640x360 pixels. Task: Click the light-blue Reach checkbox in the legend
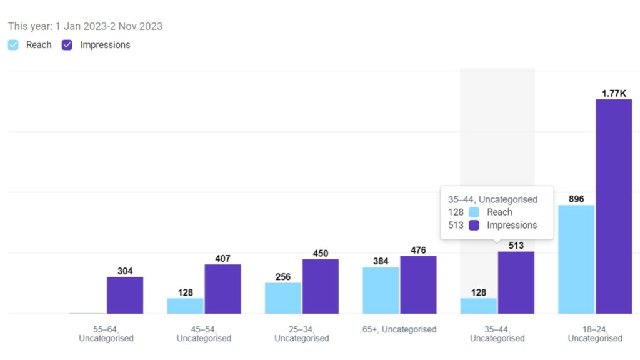[x=13, y=45]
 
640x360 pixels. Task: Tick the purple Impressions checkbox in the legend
[x=67, y=45]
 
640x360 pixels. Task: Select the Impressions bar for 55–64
[x=125, y=296]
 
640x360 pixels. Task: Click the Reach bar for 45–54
[x=185, y=306]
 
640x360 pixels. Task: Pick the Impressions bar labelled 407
[x=223, y=289]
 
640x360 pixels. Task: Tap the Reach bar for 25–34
[x=283, y=298]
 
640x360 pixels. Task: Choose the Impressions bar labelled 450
[x=321, y=286]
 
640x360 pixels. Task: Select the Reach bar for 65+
[x=381, y=291]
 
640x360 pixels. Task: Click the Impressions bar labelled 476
[x=418, y=285]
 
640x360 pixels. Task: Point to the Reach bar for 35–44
[x=479, y=306]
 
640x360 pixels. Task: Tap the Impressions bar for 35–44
[x=516, y=283]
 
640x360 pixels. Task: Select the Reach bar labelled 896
[x=576, y=259]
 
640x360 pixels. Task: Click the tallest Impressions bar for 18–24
[x=614, y=206]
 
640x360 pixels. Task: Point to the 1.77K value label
[x=614, y=94]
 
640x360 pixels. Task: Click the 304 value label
[x=125, y=271]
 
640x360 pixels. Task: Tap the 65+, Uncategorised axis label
[x=399, y=329]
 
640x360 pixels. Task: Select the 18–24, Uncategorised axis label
[x=595, y=334]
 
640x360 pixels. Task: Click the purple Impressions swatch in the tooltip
[x=474, y=225]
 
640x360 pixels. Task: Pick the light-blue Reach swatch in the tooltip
[x=474, y=212]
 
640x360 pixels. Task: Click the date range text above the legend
[x=85, y=26]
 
